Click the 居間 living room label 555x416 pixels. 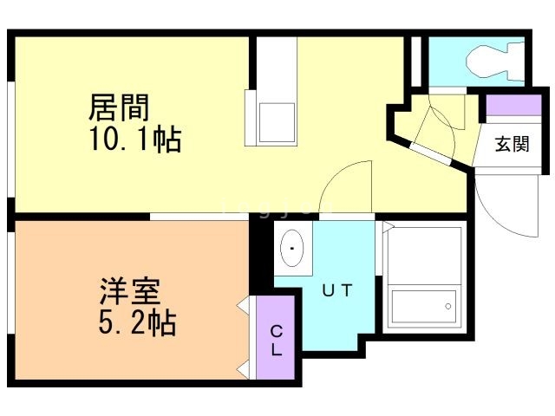[x=120, y=107]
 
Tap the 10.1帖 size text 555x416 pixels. [x=134, y=139]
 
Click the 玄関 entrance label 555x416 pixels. [x=512, y=144]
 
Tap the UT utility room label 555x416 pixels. [x=337, y=291]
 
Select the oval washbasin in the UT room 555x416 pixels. [x=293, y=248]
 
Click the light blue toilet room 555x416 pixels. [x=473, y=62]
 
